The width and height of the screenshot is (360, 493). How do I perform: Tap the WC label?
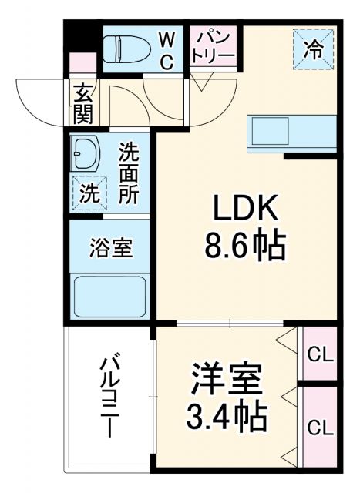(167, 49)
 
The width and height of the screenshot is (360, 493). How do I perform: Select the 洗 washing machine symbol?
(88, 193)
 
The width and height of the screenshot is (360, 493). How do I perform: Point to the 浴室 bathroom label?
(111, 248)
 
